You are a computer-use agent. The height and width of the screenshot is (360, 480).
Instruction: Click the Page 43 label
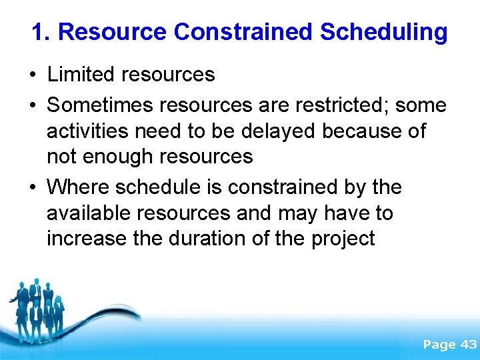coord(450,345)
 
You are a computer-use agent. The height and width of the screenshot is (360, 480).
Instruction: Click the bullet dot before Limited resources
coord(33,75)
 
